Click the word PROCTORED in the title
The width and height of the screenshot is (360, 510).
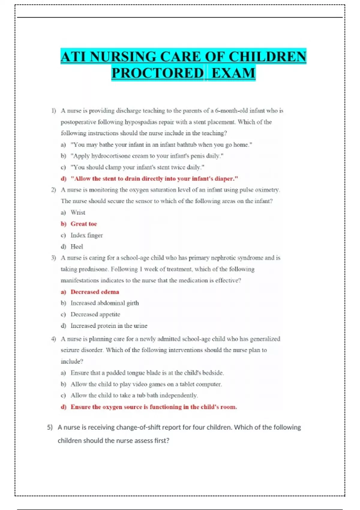(x=157, y=73)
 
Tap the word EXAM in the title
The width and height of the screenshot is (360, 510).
(x=233, y=73)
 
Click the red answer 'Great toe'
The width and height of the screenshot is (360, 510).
(x=84, y=224)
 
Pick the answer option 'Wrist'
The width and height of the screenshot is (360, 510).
(x=78, y=212)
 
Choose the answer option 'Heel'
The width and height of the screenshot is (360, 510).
(x=77, y=247)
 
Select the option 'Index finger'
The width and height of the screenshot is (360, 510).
(x=87, y=235)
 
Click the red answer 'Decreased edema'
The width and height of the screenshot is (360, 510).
(x=95, y=292)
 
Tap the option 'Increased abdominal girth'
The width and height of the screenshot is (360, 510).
(x=105, y=303)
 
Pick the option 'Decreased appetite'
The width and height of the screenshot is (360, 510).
(x=95, y=314)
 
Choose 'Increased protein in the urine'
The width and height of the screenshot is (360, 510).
(x=109, y=326)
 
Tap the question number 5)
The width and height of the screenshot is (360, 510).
(x=50, y=427)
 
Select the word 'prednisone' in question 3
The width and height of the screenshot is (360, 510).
(x=93, y=269)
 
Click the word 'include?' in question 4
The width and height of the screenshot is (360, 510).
(x=72, y=361)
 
